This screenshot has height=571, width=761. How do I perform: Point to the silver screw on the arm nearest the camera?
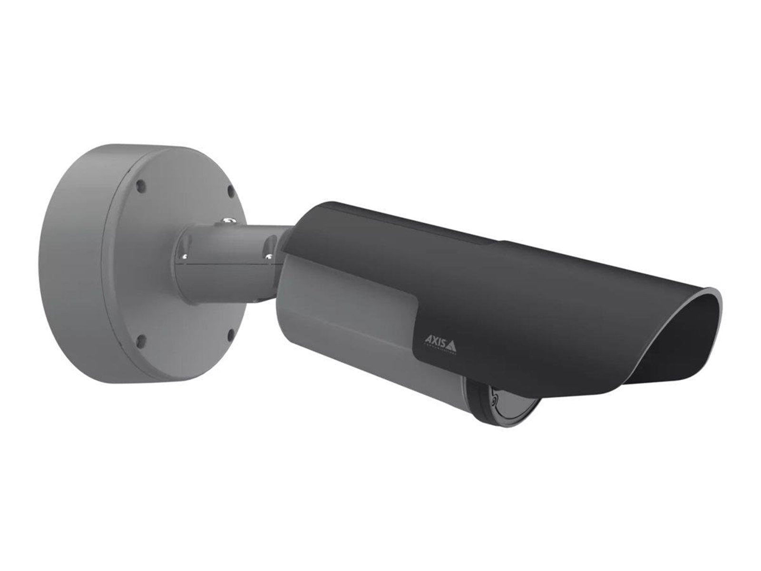click(269, 257)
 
